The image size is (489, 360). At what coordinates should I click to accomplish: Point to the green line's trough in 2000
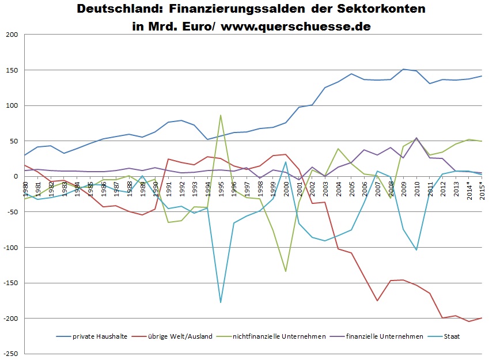[x=285, y=271]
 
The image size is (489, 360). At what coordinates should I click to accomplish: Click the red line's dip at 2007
[x=377, y=301]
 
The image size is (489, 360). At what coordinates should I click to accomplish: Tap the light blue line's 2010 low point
[x=416, y=250]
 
